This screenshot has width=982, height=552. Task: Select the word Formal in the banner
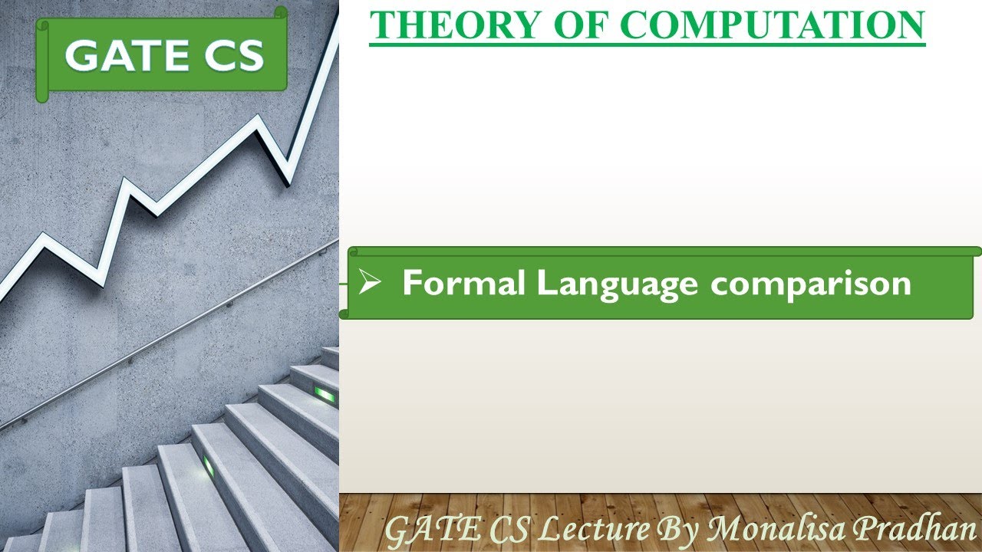463,284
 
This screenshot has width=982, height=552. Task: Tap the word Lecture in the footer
595,529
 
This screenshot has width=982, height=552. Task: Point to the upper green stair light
325,395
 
